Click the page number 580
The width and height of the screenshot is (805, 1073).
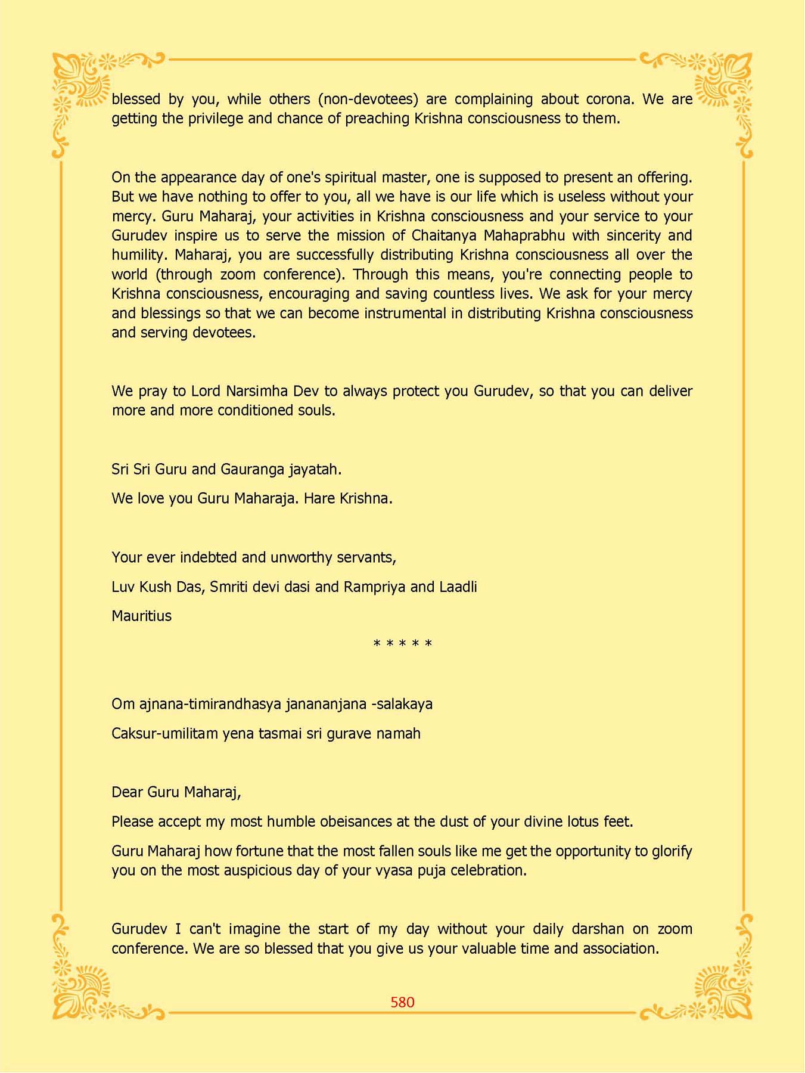click(402, 1002)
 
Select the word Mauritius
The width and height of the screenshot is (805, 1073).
click(141, 616)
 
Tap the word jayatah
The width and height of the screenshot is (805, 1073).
click(315, 469)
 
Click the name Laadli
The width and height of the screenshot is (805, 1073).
click(458, 587)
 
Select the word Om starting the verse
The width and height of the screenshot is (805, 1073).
click(123, 704)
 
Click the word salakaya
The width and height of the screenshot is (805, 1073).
click(403, 704)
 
